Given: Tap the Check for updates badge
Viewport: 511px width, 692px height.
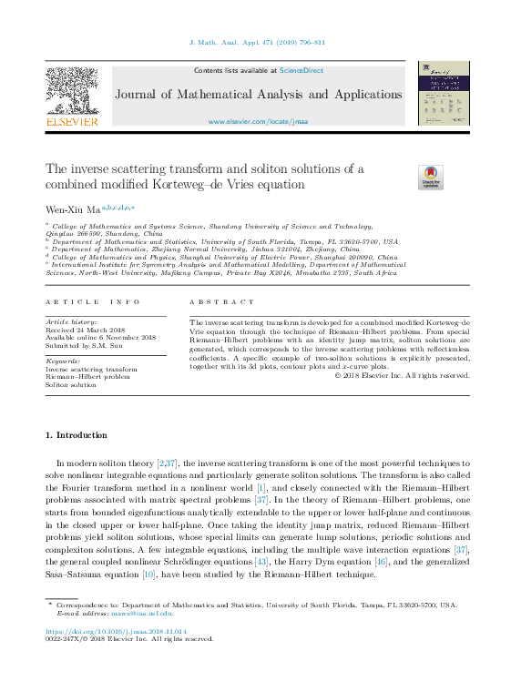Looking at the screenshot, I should click(430, 177).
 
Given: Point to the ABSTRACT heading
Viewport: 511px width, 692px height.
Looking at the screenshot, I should click(222, 302).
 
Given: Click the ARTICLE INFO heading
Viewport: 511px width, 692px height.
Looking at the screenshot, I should click(94, 302).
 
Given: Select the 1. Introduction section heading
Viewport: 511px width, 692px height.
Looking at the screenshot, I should click(77, 435).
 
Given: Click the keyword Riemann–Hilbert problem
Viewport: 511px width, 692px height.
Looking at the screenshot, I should click(88, 377).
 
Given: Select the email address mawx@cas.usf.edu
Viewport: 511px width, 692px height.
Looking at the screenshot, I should click(147, 613).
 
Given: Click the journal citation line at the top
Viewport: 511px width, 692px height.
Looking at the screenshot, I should click(256, 43).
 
